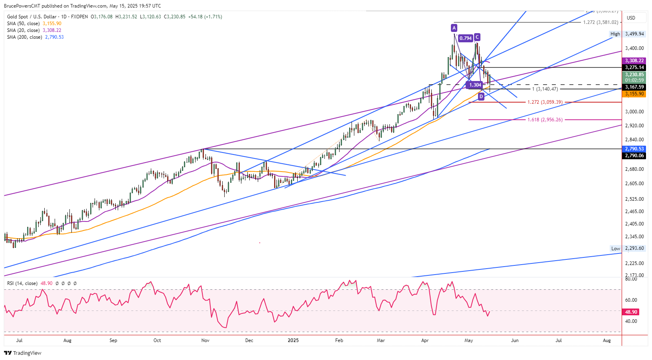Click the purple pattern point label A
point(454,28)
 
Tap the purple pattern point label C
point(477,37)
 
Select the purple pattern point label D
point(481,97)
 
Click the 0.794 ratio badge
point(465,38)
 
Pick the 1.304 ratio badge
point(475,85)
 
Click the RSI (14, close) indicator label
point(22,283)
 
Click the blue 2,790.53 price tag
point(634,149)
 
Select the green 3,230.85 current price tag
point(634,75)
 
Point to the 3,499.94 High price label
point(634,34)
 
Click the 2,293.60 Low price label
point(634,248)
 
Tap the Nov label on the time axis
point(205,340)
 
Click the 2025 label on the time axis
point(293,340)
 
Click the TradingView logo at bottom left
point(23,353)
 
